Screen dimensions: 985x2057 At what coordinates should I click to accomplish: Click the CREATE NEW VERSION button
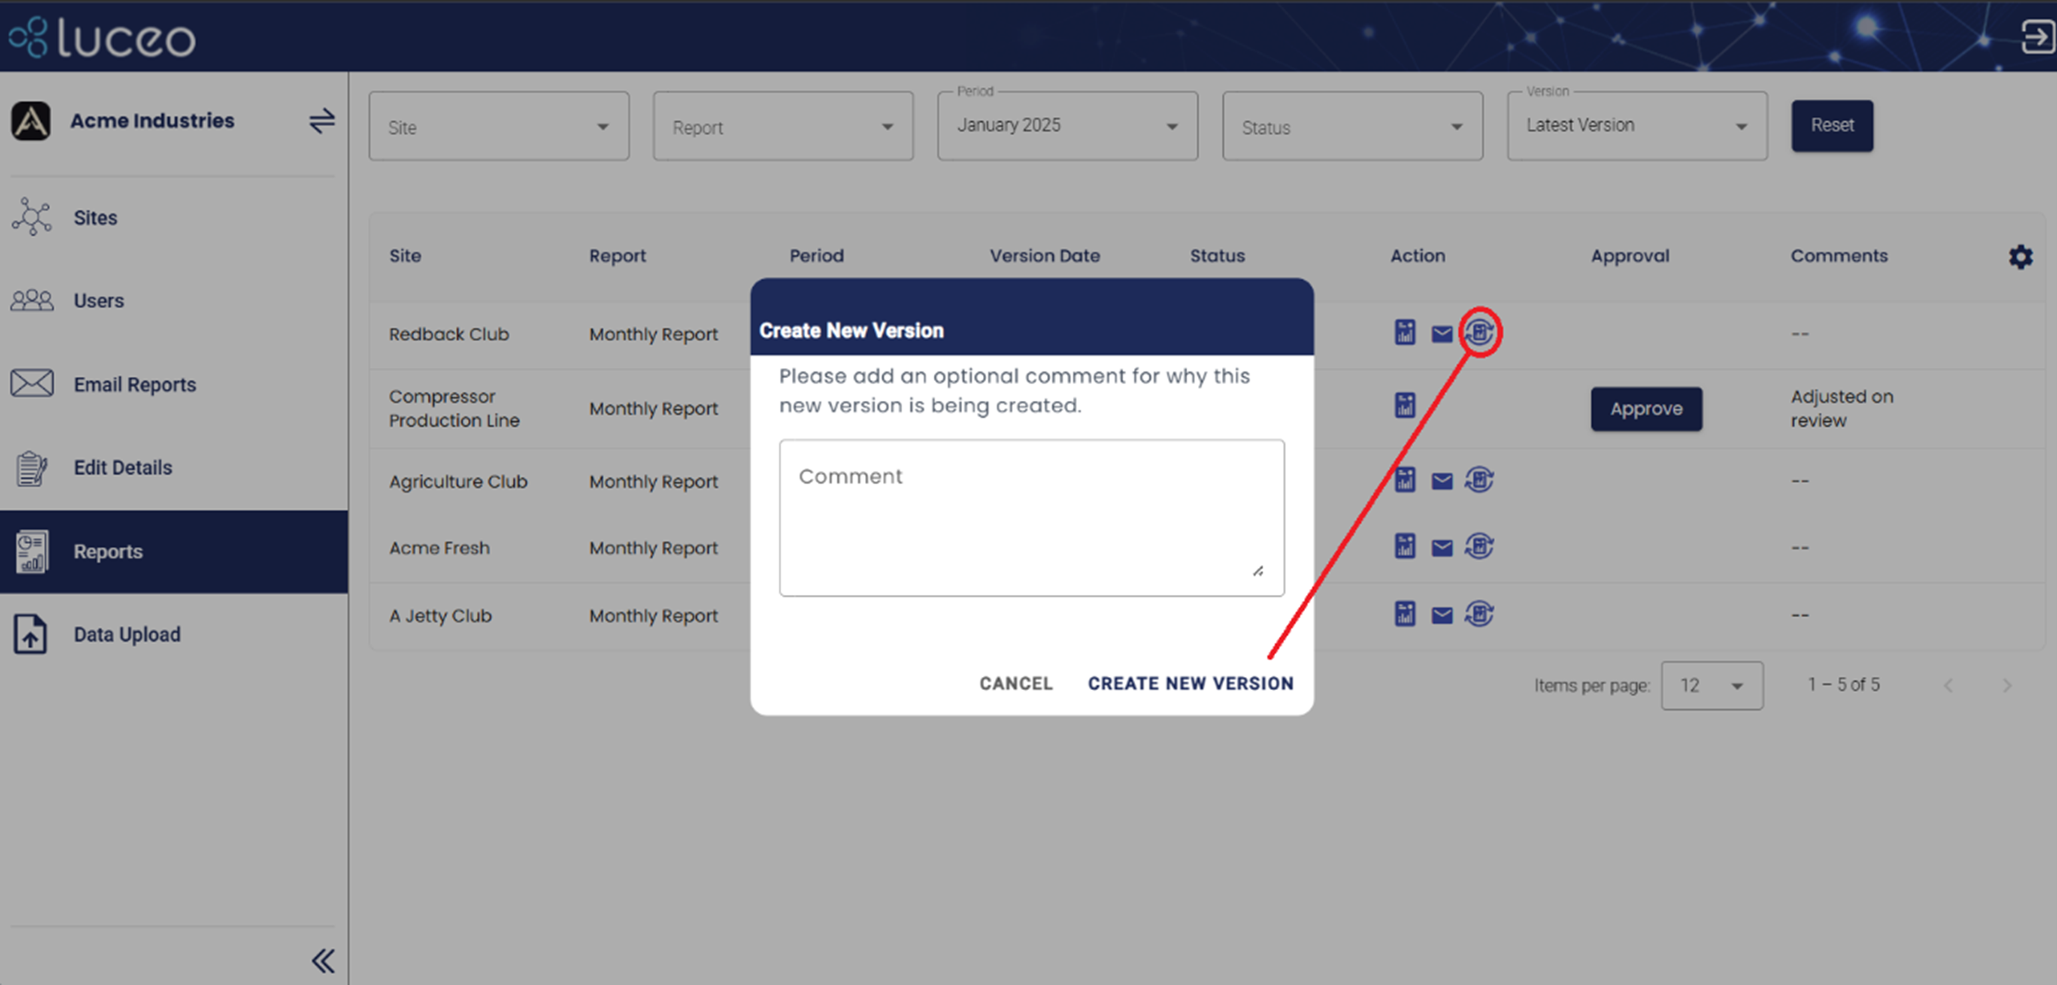pyautogui.click(x=1190, y=684)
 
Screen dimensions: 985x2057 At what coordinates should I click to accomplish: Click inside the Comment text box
pyautogui.click(x=1031, y=517)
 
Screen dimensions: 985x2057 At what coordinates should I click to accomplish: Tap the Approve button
pyautogui.click(x=1645, y=409)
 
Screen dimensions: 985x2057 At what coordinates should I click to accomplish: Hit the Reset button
pyautogui.click(x=1831, y=125)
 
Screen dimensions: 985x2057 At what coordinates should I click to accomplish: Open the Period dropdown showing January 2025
pyautogui.click(x=1067, y=126)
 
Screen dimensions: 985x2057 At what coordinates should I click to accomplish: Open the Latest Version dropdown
pyautogui.click(x=1636, y=126)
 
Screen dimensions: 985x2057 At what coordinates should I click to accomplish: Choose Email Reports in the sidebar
pyautogui.click(x=134, y=385)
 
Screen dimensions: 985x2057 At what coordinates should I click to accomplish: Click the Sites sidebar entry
pyautogui.click(x=95, y=218)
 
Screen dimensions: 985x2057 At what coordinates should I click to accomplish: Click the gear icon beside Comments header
pyautogui.click(x=2020, y=257)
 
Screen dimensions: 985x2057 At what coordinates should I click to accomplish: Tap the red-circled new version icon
pyautogui.click(x=1480, y=332)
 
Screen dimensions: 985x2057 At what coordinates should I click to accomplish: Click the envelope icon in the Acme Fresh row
pyautogui.click(x=1441, y=548)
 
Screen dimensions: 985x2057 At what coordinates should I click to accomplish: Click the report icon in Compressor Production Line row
pyautogui.click(x=1404, y=405)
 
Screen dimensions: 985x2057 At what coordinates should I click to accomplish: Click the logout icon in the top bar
pyautogui.click(x=2036, y=37)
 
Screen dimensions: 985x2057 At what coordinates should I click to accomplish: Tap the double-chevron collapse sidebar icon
pyautogui.click(x=322, y=960)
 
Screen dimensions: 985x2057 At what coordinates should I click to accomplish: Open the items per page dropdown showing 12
pyautogui.click(x=1711, y=685)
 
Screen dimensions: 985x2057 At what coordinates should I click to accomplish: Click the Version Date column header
pyautogui.click(x=1044, y=256)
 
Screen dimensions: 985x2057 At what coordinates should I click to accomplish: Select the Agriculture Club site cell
pyautogui.click(x=457, y=482)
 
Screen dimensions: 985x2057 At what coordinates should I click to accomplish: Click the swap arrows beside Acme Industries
pyautogui.click(x=322, y=121)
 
